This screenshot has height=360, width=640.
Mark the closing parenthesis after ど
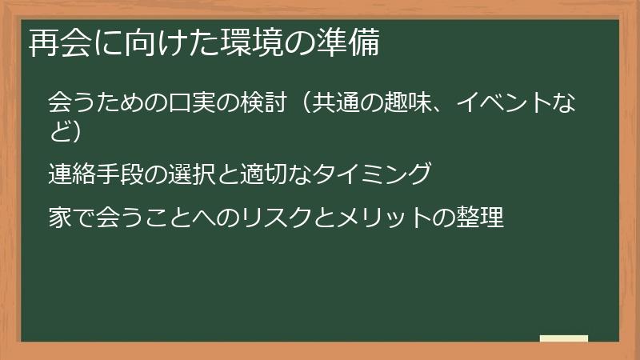coord(74,130)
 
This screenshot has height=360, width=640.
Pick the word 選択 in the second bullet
coord(190,173)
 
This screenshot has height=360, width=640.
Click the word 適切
coord(263,173)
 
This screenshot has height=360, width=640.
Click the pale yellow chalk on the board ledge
coord(563,338)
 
